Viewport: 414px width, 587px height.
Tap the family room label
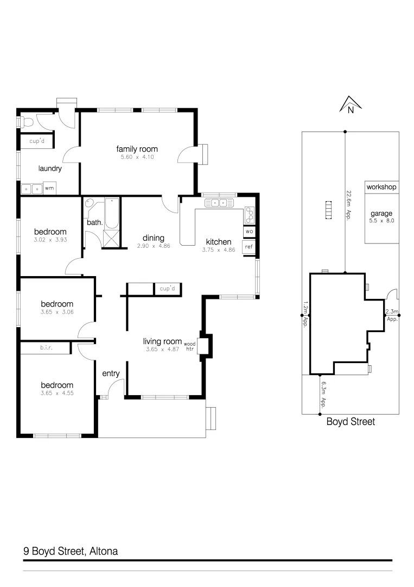(137, 149)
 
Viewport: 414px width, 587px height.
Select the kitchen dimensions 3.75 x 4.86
(218, 251)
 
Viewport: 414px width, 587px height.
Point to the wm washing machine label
(49, 189)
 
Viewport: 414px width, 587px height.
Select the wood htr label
(190, 347)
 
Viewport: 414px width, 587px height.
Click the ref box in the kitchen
(249, 247)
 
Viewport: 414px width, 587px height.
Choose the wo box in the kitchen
(249, 232)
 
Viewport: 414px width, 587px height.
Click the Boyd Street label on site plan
(350, 422)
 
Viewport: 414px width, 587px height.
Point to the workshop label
(381, 187)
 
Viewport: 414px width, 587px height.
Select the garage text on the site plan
(381, 214)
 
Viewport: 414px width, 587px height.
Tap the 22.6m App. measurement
(348, 204)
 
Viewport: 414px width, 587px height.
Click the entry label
(111, 373)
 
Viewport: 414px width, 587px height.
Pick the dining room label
(153, 238)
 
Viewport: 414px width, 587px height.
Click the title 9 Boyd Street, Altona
(71, 551)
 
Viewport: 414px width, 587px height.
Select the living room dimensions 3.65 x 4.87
(162, 349)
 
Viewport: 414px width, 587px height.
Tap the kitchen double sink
(219, 203)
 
